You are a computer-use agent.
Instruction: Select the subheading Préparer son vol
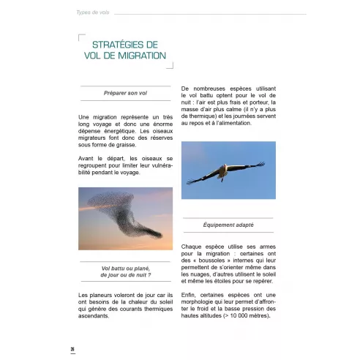click(127, 93)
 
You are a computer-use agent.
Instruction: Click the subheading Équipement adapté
click(228, 225)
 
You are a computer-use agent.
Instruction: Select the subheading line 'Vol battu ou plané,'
click(126, 268)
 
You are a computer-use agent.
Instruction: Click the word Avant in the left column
click(87, 157)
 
